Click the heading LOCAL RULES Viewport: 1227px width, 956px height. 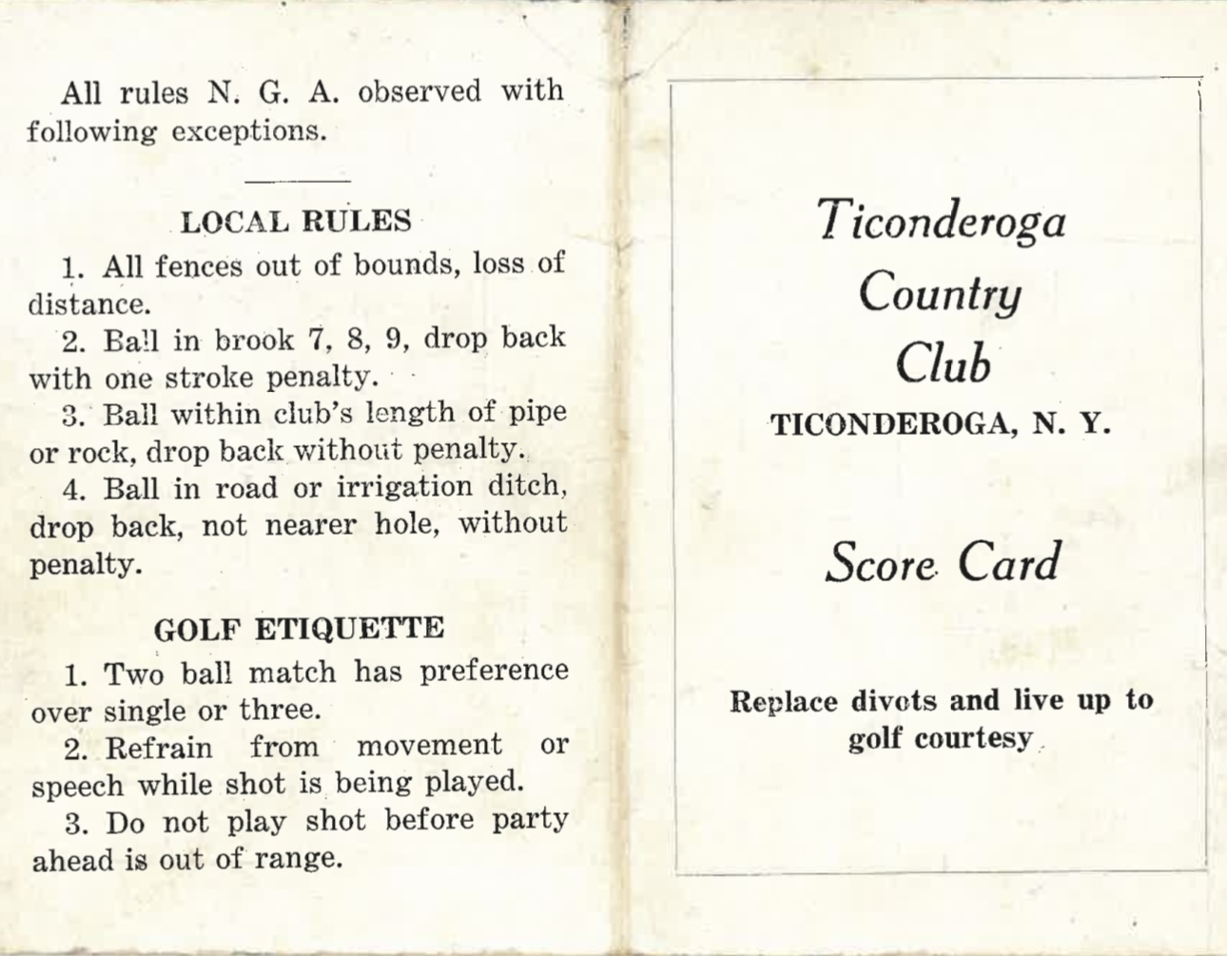296,222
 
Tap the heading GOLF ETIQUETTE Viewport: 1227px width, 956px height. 299,629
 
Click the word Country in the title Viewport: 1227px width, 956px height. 940,292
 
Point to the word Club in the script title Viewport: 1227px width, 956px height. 943,362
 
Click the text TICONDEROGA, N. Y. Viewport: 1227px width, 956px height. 941,424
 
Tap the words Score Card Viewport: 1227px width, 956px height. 942,562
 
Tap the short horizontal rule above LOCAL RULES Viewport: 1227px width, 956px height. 298,180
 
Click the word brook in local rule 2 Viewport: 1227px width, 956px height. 255,340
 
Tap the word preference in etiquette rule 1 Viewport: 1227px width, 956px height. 494,672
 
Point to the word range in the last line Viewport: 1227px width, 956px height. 298,860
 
